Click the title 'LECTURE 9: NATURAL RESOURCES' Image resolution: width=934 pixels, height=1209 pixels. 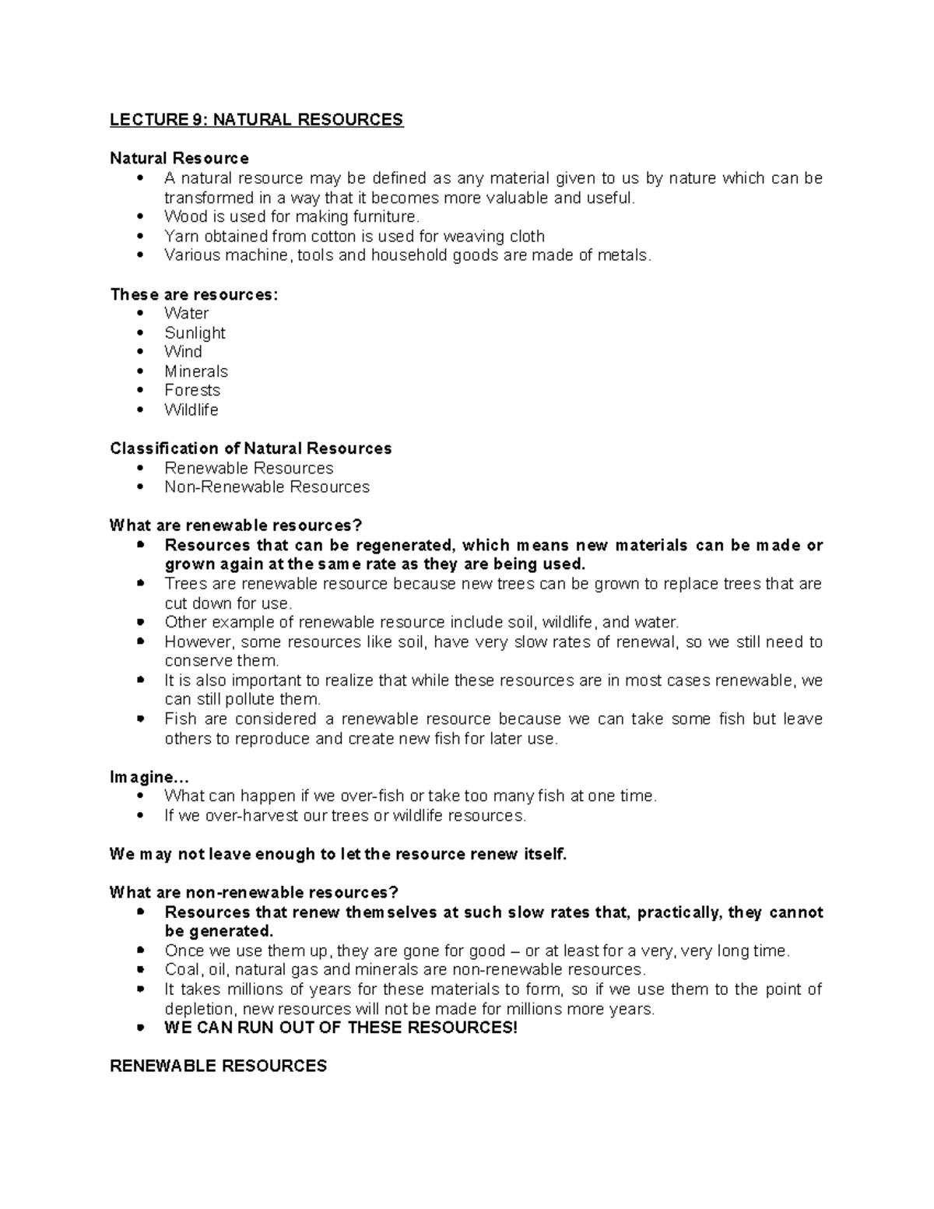click(256, 120)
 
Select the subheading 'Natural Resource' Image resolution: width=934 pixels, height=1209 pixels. click(179, 159)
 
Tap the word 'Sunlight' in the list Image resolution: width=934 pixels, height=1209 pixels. click(195, 332)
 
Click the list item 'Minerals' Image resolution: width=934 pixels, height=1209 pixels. click(196, 371)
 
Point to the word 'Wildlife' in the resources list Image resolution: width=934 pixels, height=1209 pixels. click(191, 409)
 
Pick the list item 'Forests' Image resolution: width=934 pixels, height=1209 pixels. click(192, 390)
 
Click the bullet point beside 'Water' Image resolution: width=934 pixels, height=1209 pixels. click(140, 313)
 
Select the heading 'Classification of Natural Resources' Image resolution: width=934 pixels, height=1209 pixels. click(251, 448)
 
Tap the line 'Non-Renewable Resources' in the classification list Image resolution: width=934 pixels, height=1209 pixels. click(267, 487)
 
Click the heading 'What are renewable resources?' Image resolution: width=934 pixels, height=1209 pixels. click(236, 525)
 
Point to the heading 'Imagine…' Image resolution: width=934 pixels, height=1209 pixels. click(149, 777)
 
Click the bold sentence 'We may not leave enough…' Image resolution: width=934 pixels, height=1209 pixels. click(339, 854)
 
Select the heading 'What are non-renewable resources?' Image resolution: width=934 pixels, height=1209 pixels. click(254, 892)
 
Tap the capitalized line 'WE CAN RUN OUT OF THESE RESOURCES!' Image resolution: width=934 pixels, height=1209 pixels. click(341, 1028)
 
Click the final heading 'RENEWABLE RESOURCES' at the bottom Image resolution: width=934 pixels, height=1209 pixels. click(218, 1067)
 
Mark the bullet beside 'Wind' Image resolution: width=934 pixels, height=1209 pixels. click(140, 352)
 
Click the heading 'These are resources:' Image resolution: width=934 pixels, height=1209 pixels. click(194, 294)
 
